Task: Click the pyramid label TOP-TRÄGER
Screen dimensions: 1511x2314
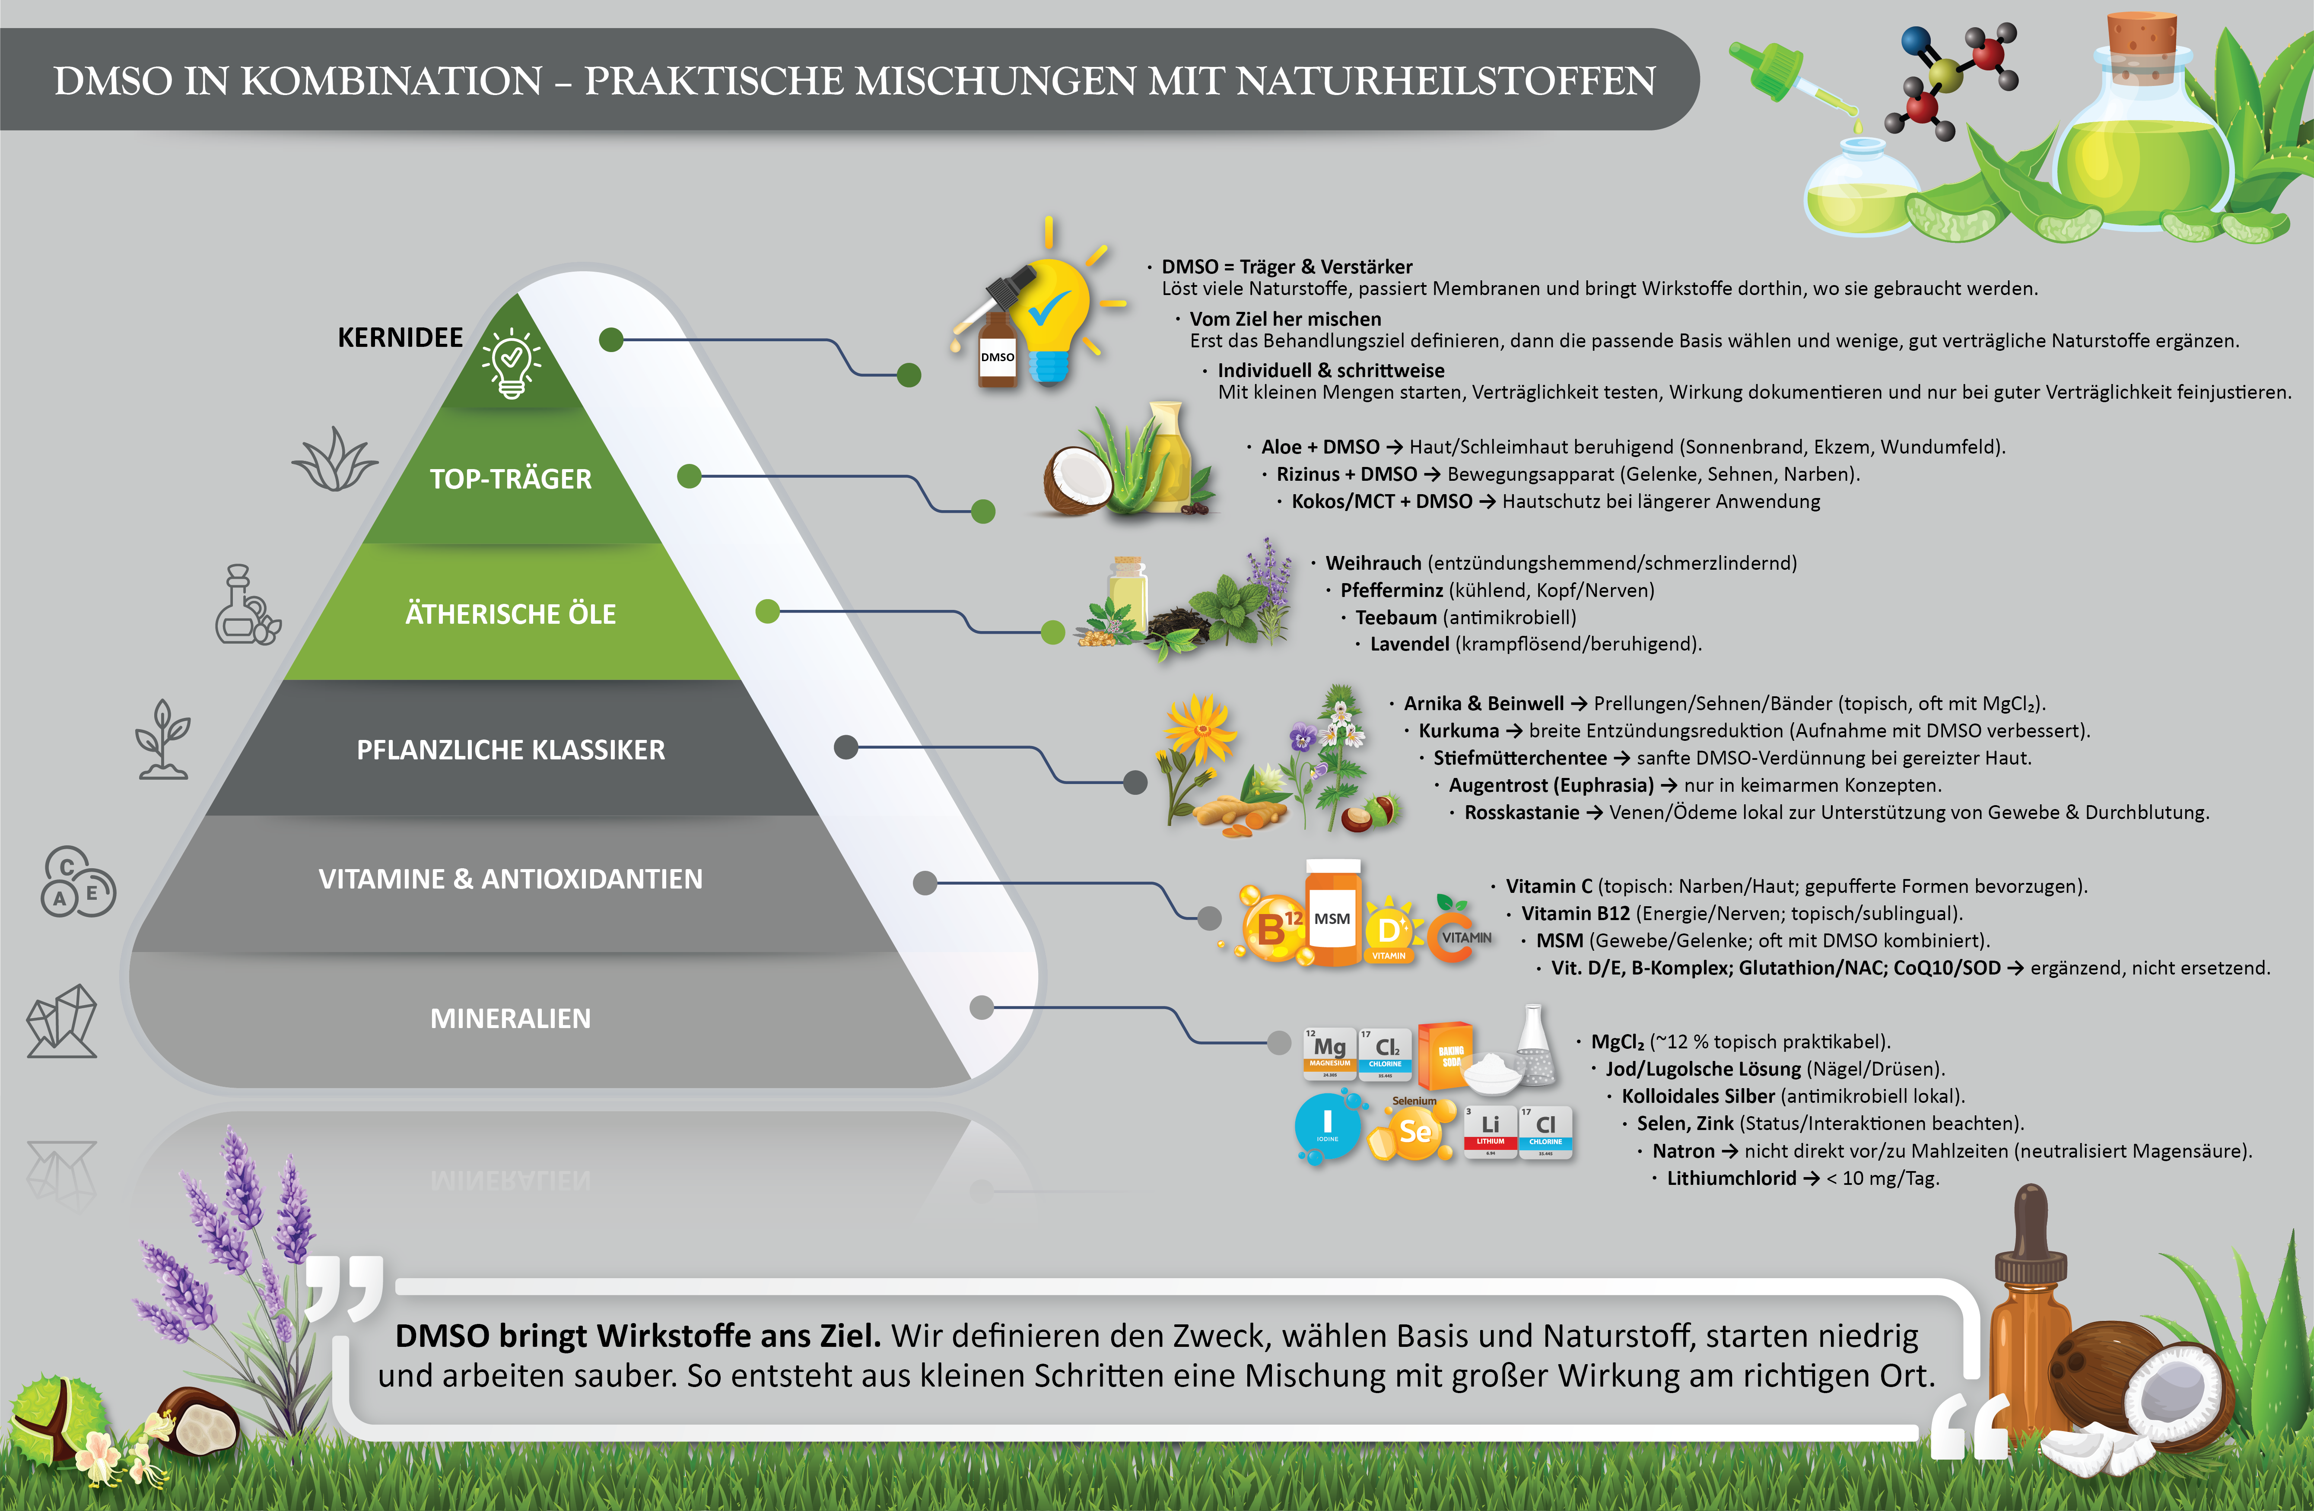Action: (510, 478)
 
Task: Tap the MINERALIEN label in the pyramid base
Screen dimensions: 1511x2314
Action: (510, 1018)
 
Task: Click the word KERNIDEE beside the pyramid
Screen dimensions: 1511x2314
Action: (400, 337)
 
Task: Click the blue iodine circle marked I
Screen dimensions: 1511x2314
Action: (1327, 1126)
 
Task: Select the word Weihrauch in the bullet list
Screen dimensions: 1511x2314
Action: (1373, 563)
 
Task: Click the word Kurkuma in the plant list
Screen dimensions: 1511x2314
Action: (1459, 730)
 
